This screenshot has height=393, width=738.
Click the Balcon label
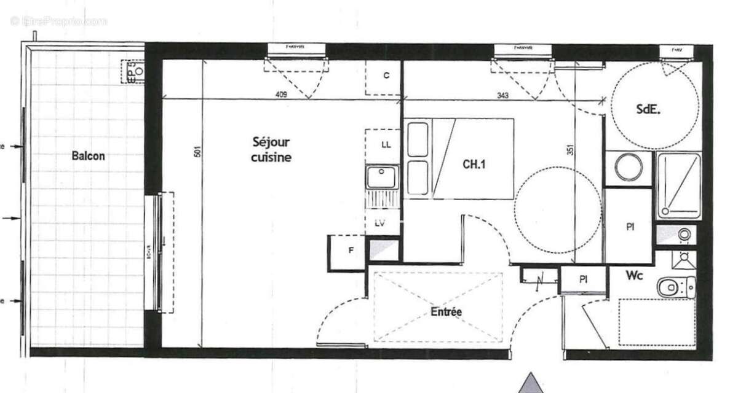88,156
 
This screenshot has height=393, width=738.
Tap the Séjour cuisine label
271,149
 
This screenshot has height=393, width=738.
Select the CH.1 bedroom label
474,164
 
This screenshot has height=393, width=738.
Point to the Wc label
635,276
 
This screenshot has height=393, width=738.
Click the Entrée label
446,312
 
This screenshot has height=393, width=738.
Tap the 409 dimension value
281,95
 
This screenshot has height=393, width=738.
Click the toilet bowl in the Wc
670,286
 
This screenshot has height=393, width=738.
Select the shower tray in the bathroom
679,185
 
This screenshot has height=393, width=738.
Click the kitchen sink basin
381,177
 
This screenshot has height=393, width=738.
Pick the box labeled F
351,251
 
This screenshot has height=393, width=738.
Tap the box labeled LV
379,224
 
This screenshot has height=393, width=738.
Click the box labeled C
386,76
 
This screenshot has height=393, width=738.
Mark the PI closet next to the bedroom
629,226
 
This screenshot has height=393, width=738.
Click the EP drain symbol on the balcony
133,71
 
